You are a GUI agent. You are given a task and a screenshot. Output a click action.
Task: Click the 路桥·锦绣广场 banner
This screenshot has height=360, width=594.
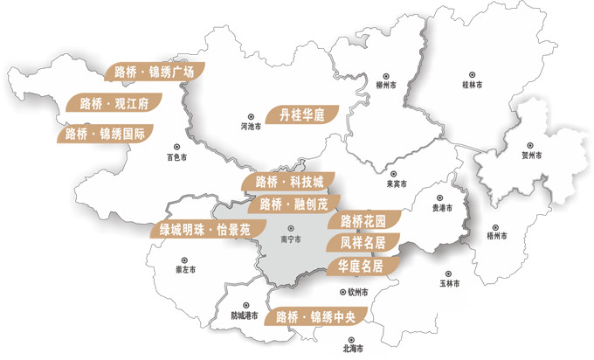(x=154, y=73)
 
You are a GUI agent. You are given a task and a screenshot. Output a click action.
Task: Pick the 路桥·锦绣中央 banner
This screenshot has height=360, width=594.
(x=319, y=316)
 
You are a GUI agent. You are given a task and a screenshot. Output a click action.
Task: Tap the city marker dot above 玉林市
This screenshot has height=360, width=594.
(x=448, y=273)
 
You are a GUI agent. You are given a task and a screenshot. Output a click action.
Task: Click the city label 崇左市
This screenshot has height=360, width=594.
(x=185, y=269)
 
